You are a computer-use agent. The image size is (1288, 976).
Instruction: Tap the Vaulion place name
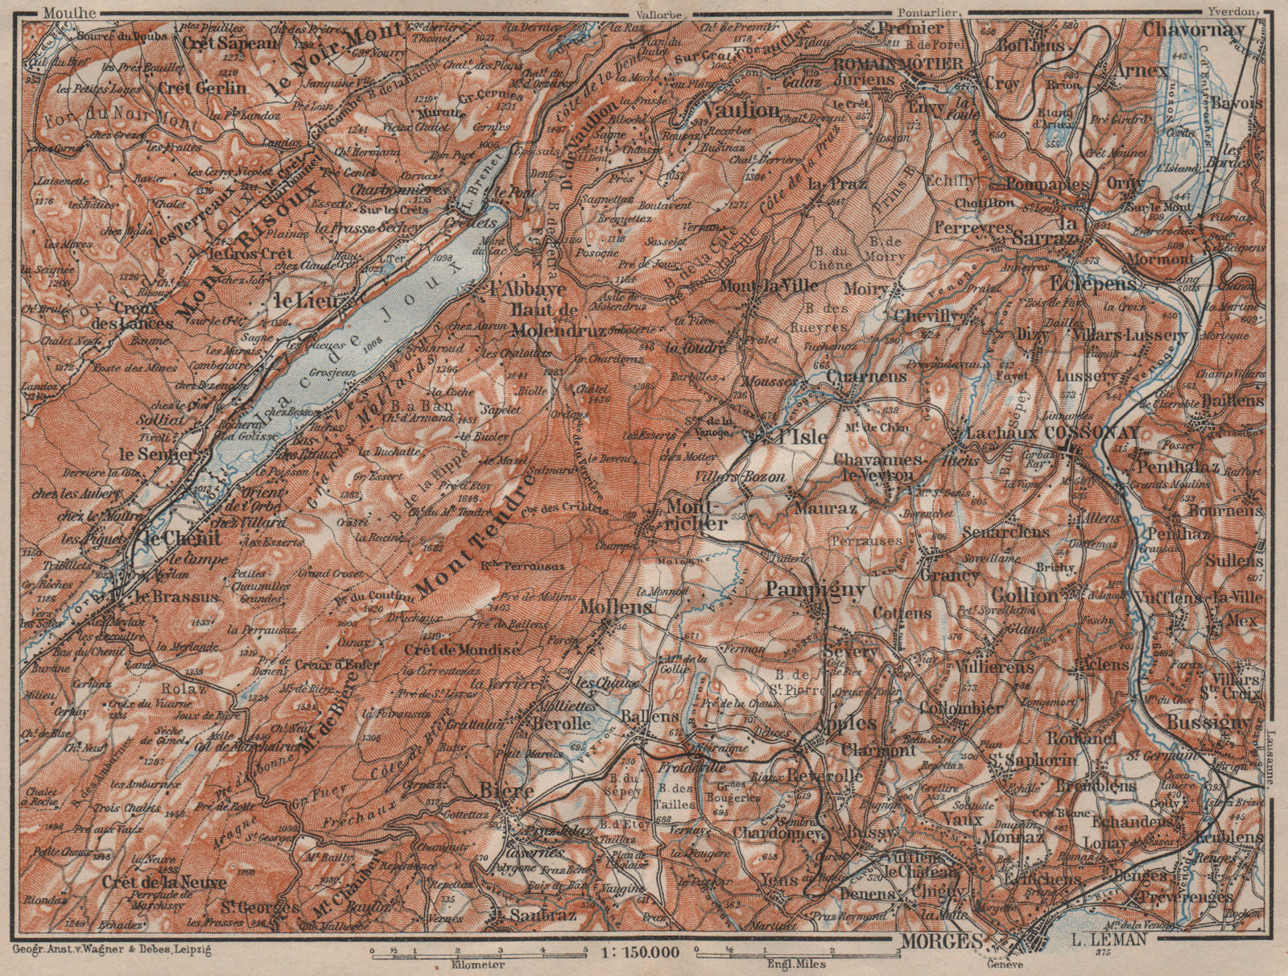pos(741,110)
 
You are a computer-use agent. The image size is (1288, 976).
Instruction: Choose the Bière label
pos(507,792)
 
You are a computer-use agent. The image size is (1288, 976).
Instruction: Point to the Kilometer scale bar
pos(478,954)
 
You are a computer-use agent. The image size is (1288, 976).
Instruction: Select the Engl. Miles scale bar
pos(798,954)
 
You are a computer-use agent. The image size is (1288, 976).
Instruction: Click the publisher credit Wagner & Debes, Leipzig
pos(114,950)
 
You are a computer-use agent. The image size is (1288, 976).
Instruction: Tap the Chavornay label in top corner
pos(1193,29)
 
